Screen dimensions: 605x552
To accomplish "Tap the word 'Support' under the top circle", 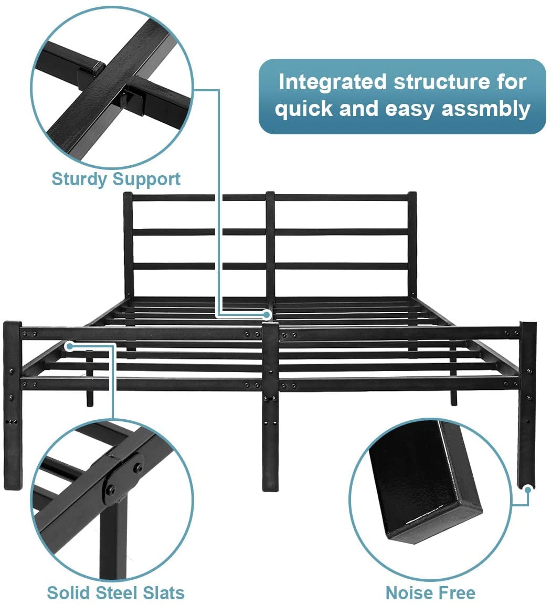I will pyautogui.click(x=147, y=179).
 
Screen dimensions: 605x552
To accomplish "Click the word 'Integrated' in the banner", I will pyautogui.click(x=333, y=82).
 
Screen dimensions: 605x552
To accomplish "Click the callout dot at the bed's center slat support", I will pyautogui.click(x=268, y=315).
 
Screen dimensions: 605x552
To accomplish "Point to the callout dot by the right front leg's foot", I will pyautogui.click(x=527, y=489).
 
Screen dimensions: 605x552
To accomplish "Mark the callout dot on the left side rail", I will pyautogui.click(x=69, y=345).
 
